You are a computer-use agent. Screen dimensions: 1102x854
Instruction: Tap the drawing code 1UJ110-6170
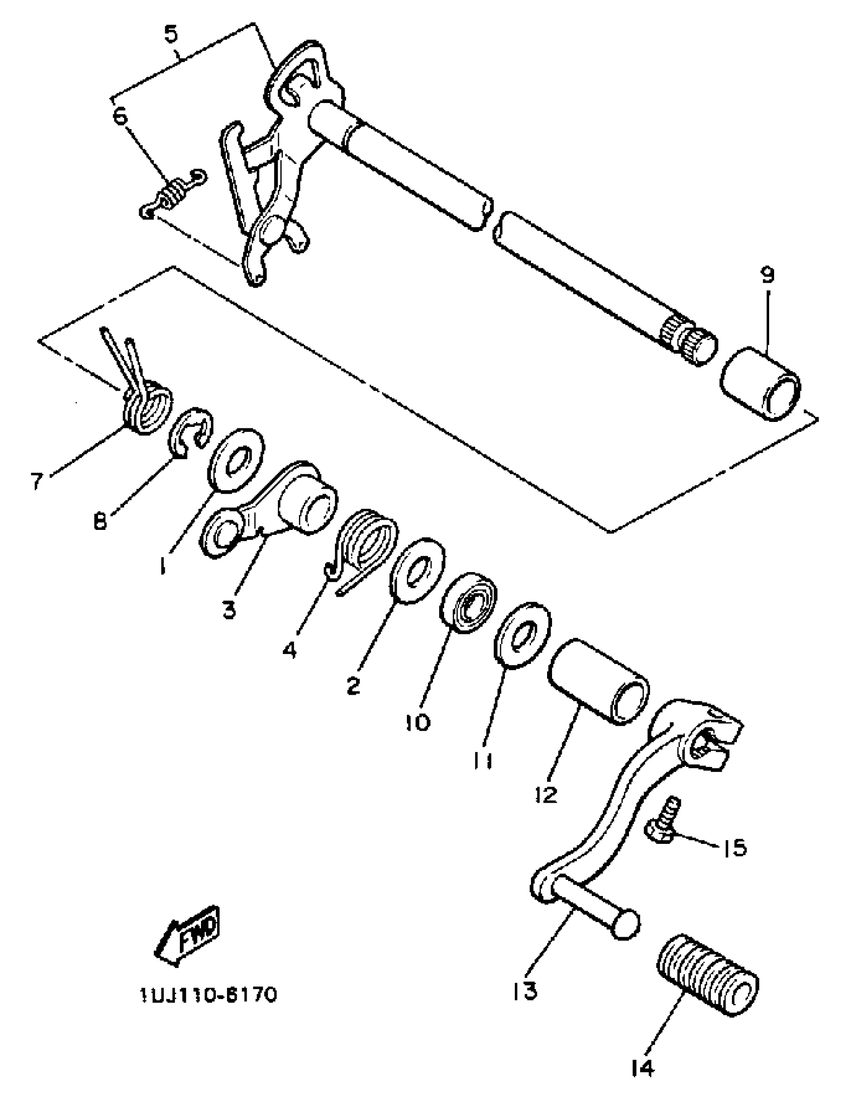(208, 996)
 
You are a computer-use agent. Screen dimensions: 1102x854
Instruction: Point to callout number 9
(767, 275)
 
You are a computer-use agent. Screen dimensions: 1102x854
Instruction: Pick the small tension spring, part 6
(173, 194)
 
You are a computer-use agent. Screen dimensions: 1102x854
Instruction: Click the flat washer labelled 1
(236, 460)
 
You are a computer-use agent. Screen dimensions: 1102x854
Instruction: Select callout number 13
(525, 991)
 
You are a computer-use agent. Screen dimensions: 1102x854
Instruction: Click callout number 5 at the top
(172, 35)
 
